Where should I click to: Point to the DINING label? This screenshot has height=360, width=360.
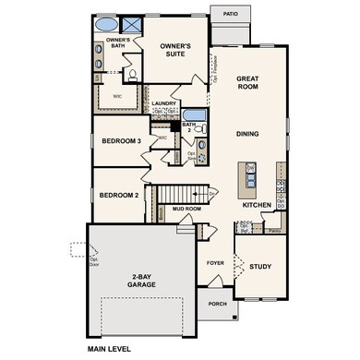(x=246, y=134)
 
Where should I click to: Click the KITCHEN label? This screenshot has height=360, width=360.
(x=256, y=205)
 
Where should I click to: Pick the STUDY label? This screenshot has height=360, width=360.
(x=260, y=267)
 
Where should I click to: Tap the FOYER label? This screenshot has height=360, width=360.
(x=214, y=262)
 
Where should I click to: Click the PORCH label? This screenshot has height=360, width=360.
(x=217, y=304)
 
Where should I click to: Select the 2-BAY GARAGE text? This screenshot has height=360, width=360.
(x=142, y=281)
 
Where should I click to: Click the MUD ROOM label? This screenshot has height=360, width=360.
(x=187, y=210)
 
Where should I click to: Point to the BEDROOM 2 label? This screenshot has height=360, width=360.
(x=118, y=196)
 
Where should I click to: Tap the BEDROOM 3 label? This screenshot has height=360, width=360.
(x=121, y=140)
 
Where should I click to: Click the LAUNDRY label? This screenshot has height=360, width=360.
(x=164, y=103)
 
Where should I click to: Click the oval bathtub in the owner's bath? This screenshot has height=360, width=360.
(x=108, y=24)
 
